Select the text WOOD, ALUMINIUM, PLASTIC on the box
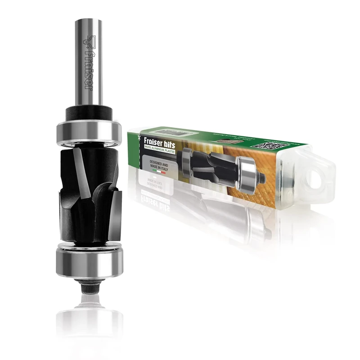point(160,148)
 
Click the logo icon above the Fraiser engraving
point(88,43)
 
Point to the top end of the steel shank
point(88,20)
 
